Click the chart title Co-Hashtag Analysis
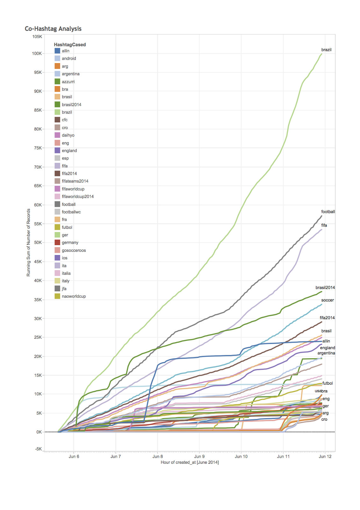[x=53, y=29]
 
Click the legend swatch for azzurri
[x=57, y=82]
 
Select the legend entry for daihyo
[x=68, y=135]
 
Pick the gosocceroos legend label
[x=74, y=250]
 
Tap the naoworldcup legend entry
[x=74, y=296]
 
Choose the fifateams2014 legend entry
[x=75, y=181]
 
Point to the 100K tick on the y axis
[x=37, y=54]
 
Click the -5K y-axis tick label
[x=38, y=449]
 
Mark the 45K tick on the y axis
[x=38, y=262]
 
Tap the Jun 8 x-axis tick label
[x=158, y=456]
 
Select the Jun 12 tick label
[x=325, y=456]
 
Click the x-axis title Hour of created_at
[x=190, y=462]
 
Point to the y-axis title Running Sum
[x=28, y=242]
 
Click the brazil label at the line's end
[x=326, y=50]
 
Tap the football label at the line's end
[x=328, y=212]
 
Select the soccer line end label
[x=328, y=300]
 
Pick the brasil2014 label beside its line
[x=325, y=288]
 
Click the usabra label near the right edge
[x=321, y=391]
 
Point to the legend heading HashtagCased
[x=70, y=45]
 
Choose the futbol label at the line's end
[x=328, y=383]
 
